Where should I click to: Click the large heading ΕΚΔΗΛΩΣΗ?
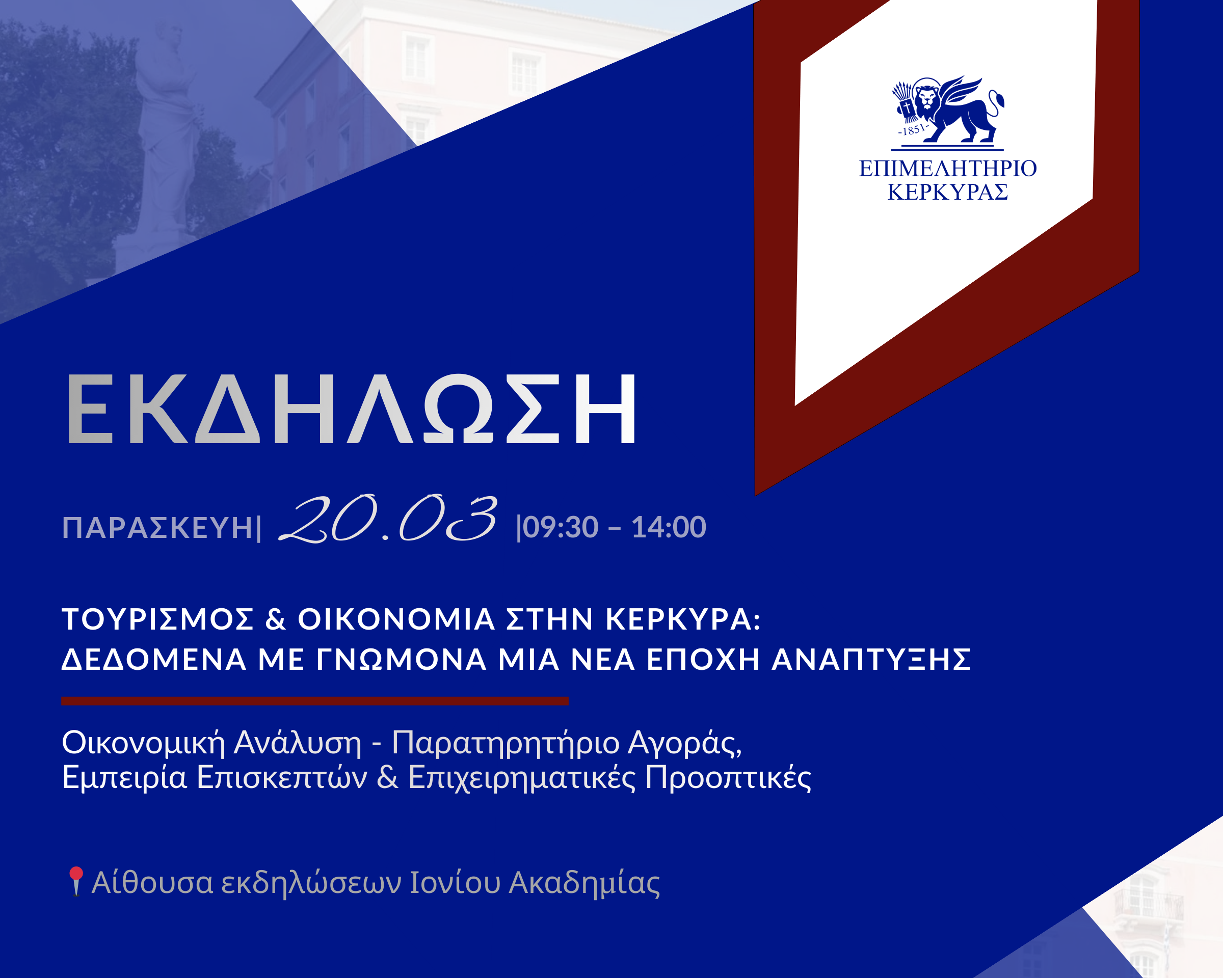[352, 408]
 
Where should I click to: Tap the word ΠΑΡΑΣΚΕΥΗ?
[157, 528]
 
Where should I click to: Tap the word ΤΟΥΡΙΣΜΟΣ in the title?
[157, 619]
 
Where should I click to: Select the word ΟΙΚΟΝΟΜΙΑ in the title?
[396, 619]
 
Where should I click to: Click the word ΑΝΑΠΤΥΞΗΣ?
[871, 659]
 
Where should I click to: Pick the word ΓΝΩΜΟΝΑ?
[401, 659]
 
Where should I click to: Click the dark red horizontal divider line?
[315, 701]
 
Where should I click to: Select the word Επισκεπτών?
[282, 778]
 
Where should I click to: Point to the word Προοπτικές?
[728, 778]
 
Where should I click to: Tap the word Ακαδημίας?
[584, 883]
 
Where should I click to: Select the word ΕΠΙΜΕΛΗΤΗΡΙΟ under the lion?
[948, 169]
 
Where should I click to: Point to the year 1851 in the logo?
[913, 130]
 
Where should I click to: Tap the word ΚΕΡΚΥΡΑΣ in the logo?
[948, 192]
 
